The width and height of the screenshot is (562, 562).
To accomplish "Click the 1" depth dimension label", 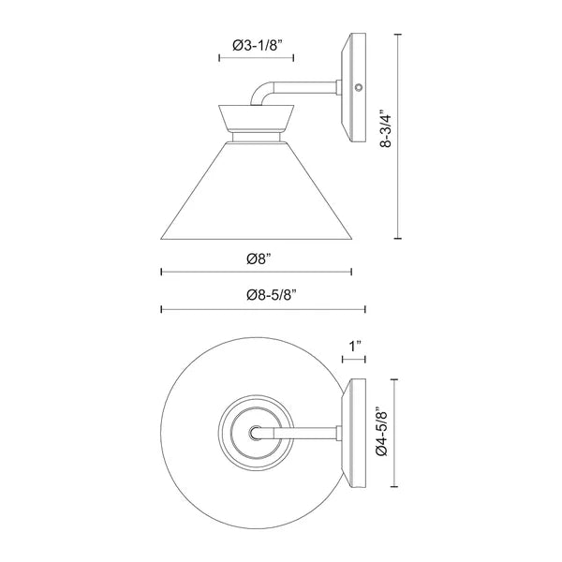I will coord(354,347).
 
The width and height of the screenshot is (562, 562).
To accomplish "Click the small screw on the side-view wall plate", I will coord(359,88).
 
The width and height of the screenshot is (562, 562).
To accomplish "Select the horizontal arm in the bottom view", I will coord(304,434).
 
